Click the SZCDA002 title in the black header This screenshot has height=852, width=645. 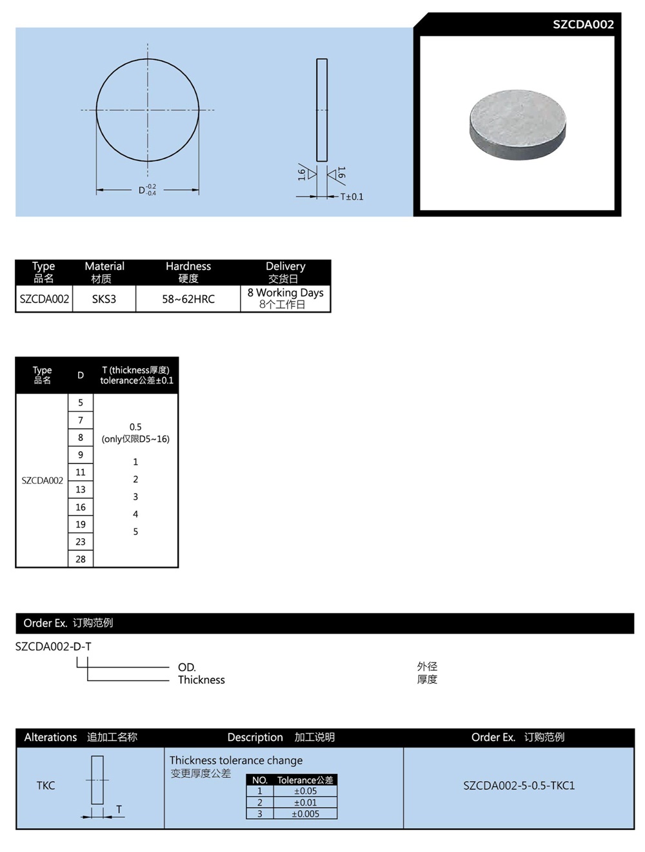[582, 24]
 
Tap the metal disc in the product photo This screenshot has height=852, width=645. [517, 124]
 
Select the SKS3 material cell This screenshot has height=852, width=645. [104, 299]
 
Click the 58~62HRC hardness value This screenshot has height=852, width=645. [188, 299]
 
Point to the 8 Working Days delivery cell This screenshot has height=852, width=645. [285, 298]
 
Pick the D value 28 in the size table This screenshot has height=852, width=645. [81, 559]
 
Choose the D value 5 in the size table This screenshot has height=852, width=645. [81, 403]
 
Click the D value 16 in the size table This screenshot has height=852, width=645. [81, 507]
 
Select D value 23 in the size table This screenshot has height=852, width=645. [81, 542]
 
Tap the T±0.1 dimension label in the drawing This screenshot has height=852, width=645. [352, 197]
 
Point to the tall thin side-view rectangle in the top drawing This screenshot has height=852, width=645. [322, 110]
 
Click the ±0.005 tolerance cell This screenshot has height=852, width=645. [305, 814]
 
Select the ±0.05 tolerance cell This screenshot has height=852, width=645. [305, 791]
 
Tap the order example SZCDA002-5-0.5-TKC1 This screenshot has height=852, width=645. [519, 786]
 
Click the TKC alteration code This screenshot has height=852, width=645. [46, 786]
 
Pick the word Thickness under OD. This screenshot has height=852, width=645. [201, 680]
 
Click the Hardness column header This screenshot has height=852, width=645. [188, 266]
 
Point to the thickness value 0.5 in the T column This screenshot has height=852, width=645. [135, 427]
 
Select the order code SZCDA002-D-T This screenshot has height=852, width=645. [54, 646]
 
